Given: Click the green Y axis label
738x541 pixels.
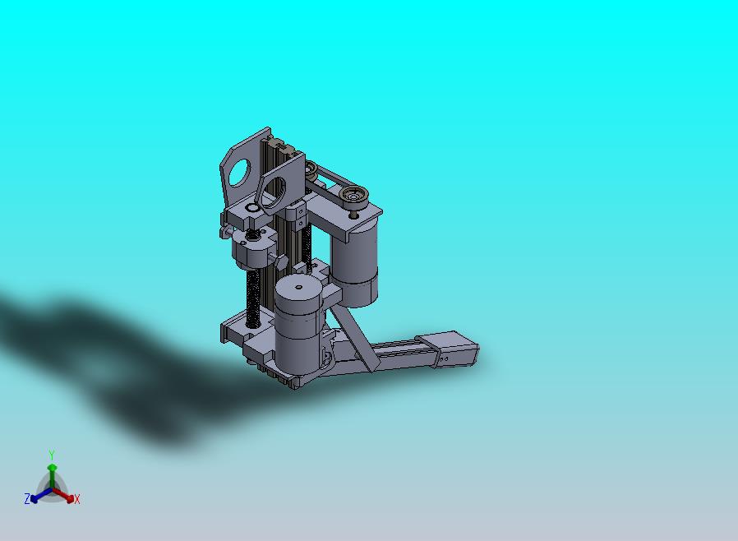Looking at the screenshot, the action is pos(52,455).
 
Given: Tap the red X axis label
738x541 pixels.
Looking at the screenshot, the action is pos(77,500).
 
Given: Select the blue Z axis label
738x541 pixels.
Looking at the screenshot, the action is pos(27,498).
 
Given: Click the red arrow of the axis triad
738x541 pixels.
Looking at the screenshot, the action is pos(63,495).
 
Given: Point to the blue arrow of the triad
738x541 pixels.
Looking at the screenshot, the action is pos(40,495).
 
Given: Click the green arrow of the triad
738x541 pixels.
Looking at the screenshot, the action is pos(53,477).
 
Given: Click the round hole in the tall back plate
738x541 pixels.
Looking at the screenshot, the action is pos(240,173).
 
